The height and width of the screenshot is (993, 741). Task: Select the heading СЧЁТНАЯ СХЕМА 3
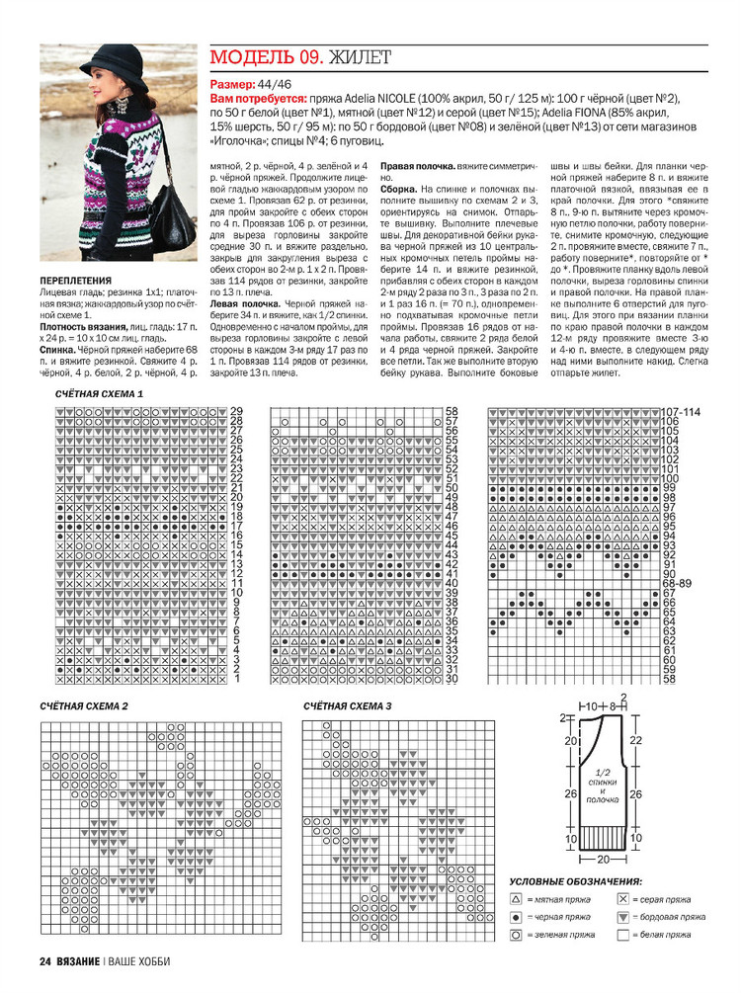tap(348, 707)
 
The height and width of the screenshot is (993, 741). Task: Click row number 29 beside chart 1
tap(237, 411)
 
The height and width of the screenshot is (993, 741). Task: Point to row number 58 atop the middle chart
tap(453, 411)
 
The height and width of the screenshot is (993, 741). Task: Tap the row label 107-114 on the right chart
tap(681, 411)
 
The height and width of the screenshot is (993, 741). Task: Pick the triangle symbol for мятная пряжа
tap(516, 901)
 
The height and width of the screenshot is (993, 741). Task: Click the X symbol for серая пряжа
tap(622, 901)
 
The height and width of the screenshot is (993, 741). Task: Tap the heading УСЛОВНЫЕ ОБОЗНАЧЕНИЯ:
tap(574, 881)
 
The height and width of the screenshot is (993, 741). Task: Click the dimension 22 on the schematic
tap(635, 739)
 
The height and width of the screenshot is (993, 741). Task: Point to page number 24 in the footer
tap(45, 961)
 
